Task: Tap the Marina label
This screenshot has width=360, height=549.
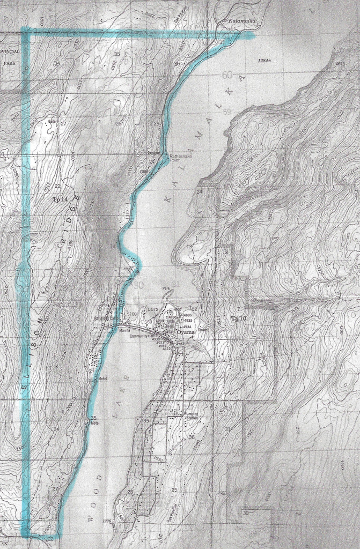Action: (124, 330)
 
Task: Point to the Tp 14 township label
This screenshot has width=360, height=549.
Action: (61, 199)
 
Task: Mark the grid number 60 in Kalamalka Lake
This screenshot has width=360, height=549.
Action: (227, 75)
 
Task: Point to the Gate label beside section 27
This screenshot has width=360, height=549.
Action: (53, 121)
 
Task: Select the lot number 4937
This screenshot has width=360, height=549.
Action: (178, 309)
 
